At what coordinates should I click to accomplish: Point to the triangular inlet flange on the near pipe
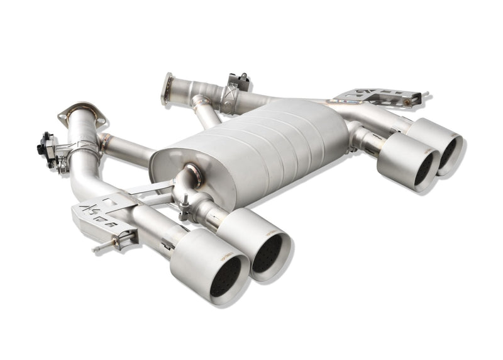click(82, 114)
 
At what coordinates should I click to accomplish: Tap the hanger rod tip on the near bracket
click(98, 249)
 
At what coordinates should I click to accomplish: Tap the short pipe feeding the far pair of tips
click(365, 139)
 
